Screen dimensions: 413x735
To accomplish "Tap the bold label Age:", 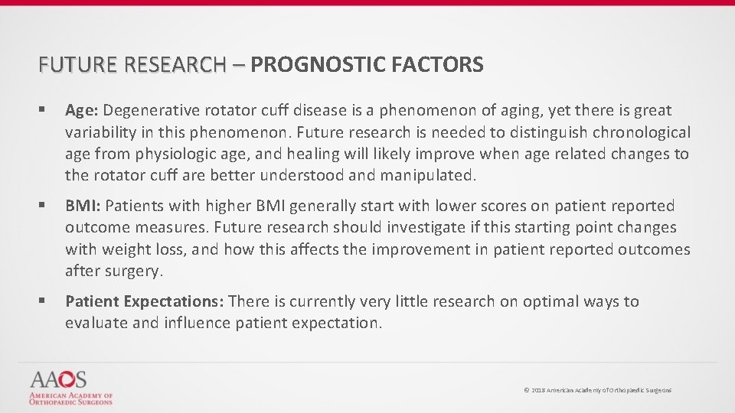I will tap(82, 111).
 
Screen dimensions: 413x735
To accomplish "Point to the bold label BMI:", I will tap(83, 206).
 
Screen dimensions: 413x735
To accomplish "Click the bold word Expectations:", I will tap(172, 302).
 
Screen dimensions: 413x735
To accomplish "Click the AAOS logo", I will tap(71, 388).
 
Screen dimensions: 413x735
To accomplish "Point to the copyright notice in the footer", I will tap(597, 390).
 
